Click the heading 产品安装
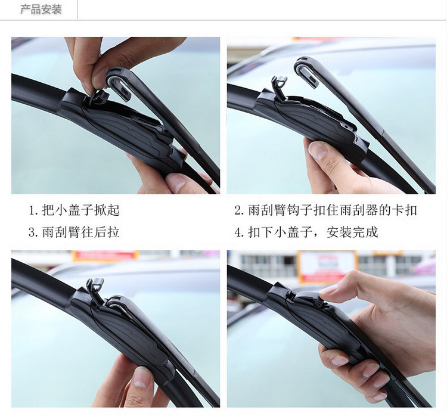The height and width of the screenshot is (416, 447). point(41,10)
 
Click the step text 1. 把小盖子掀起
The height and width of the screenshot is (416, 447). point(74,210)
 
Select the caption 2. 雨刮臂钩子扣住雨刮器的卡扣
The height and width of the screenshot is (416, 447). point(325,210)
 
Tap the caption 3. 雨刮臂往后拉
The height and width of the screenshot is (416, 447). point(74,232)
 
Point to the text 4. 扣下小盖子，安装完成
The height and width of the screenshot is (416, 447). point(306,232)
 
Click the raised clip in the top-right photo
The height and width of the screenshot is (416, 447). point(280,88)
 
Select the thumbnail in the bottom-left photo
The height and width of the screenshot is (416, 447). point(141,377)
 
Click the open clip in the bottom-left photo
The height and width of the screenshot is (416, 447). point(95,290)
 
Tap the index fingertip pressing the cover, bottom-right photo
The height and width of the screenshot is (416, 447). point(328,291)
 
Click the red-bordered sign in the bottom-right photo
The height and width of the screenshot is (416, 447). point(327,266)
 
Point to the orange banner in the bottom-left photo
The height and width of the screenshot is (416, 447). point(105,256)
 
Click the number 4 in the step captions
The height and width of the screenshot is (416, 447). point(238,232)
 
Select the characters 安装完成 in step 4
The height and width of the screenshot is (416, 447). point(352,232)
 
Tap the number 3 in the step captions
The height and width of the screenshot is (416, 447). point(32,232)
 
